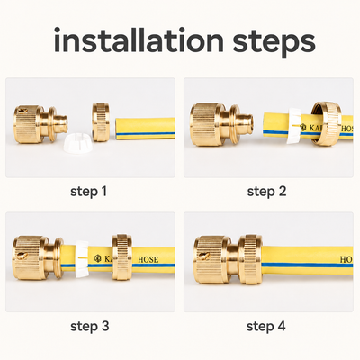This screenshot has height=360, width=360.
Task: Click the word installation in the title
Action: pos(139,40)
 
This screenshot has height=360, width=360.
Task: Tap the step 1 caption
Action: pos(89,192)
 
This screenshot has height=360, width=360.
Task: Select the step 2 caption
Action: pos(266,192)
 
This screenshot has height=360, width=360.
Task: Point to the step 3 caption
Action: pos(90,326)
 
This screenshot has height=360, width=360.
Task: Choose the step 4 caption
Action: pos(266,326)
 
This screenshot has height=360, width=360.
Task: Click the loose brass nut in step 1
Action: pos(101,121)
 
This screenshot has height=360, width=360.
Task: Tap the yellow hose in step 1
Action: pos(145,129)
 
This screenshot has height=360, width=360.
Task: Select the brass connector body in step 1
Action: pos(40,124)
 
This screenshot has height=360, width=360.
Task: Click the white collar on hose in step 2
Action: pos(293,126)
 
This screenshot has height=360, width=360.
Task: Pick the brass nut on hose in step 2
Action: pos(326,124)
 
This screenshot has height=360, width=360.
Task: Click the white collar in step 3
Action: pos(82,258)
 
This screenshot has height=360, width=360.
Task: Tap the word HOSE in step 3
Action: pos(148,259)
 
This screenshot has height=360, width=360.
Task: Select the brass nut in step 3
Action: pos(122,257)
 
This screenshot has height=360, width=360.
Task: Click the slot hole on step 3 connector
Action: pos(22,256)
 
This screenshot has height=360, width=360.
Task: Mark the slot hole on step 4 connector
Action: pos(203,256)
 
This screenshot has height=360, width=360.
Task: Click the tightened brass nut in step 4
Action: pos(250,259)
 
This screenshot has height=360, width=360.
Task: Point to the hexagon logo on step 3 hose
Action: pos(97,258)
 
